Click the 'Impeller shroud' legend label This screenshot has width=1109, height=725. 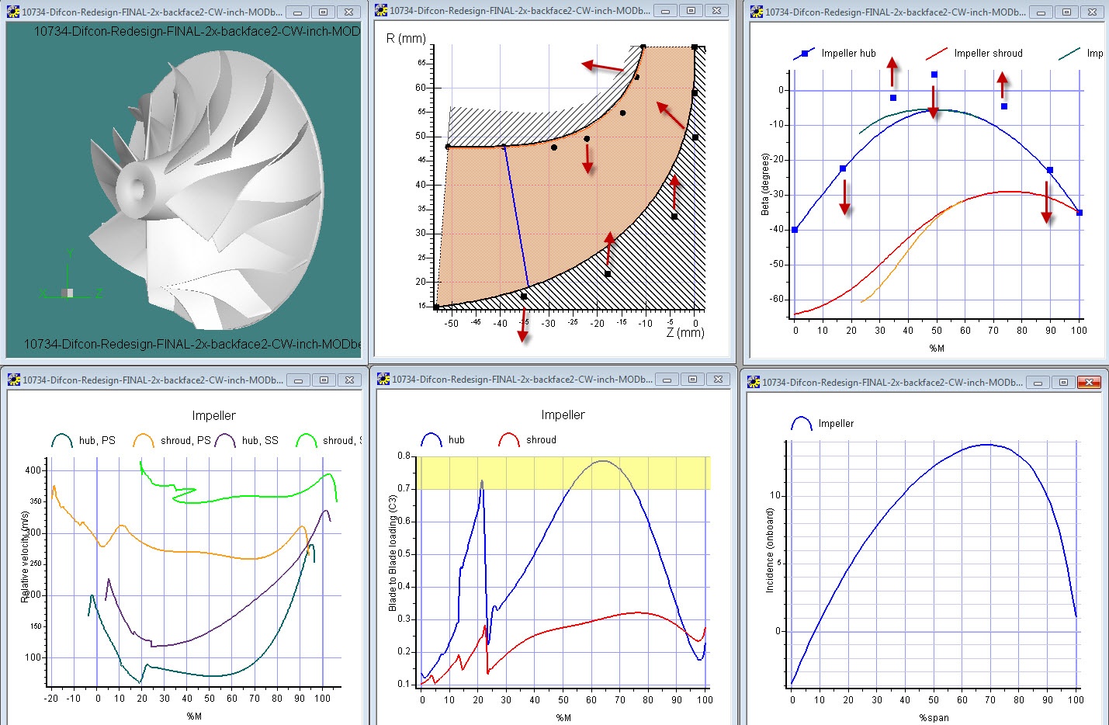(988, 54)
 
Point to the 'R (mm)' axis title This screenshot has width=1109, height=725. (405, 38)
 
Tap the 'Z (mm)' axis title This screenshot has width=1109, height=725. (685, 333)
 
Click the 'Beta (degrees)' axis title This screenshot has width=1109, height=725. (765, 184)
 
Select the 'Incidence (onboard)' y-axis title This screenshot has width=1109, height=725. (770, 550)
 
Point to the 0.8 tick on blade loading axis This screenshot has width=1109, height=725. (404, 456)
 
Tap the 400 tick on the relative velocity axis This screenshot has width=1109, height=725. (33, 470)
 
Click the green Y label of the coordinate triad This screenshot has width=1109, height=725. (69, 253)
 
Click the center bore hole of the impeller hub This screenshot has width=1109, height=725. (140, 187)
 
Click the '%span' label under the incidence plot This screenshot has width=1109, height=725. (934, 717)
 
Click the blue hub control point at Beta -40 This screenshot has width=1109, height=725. (795, 230)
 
